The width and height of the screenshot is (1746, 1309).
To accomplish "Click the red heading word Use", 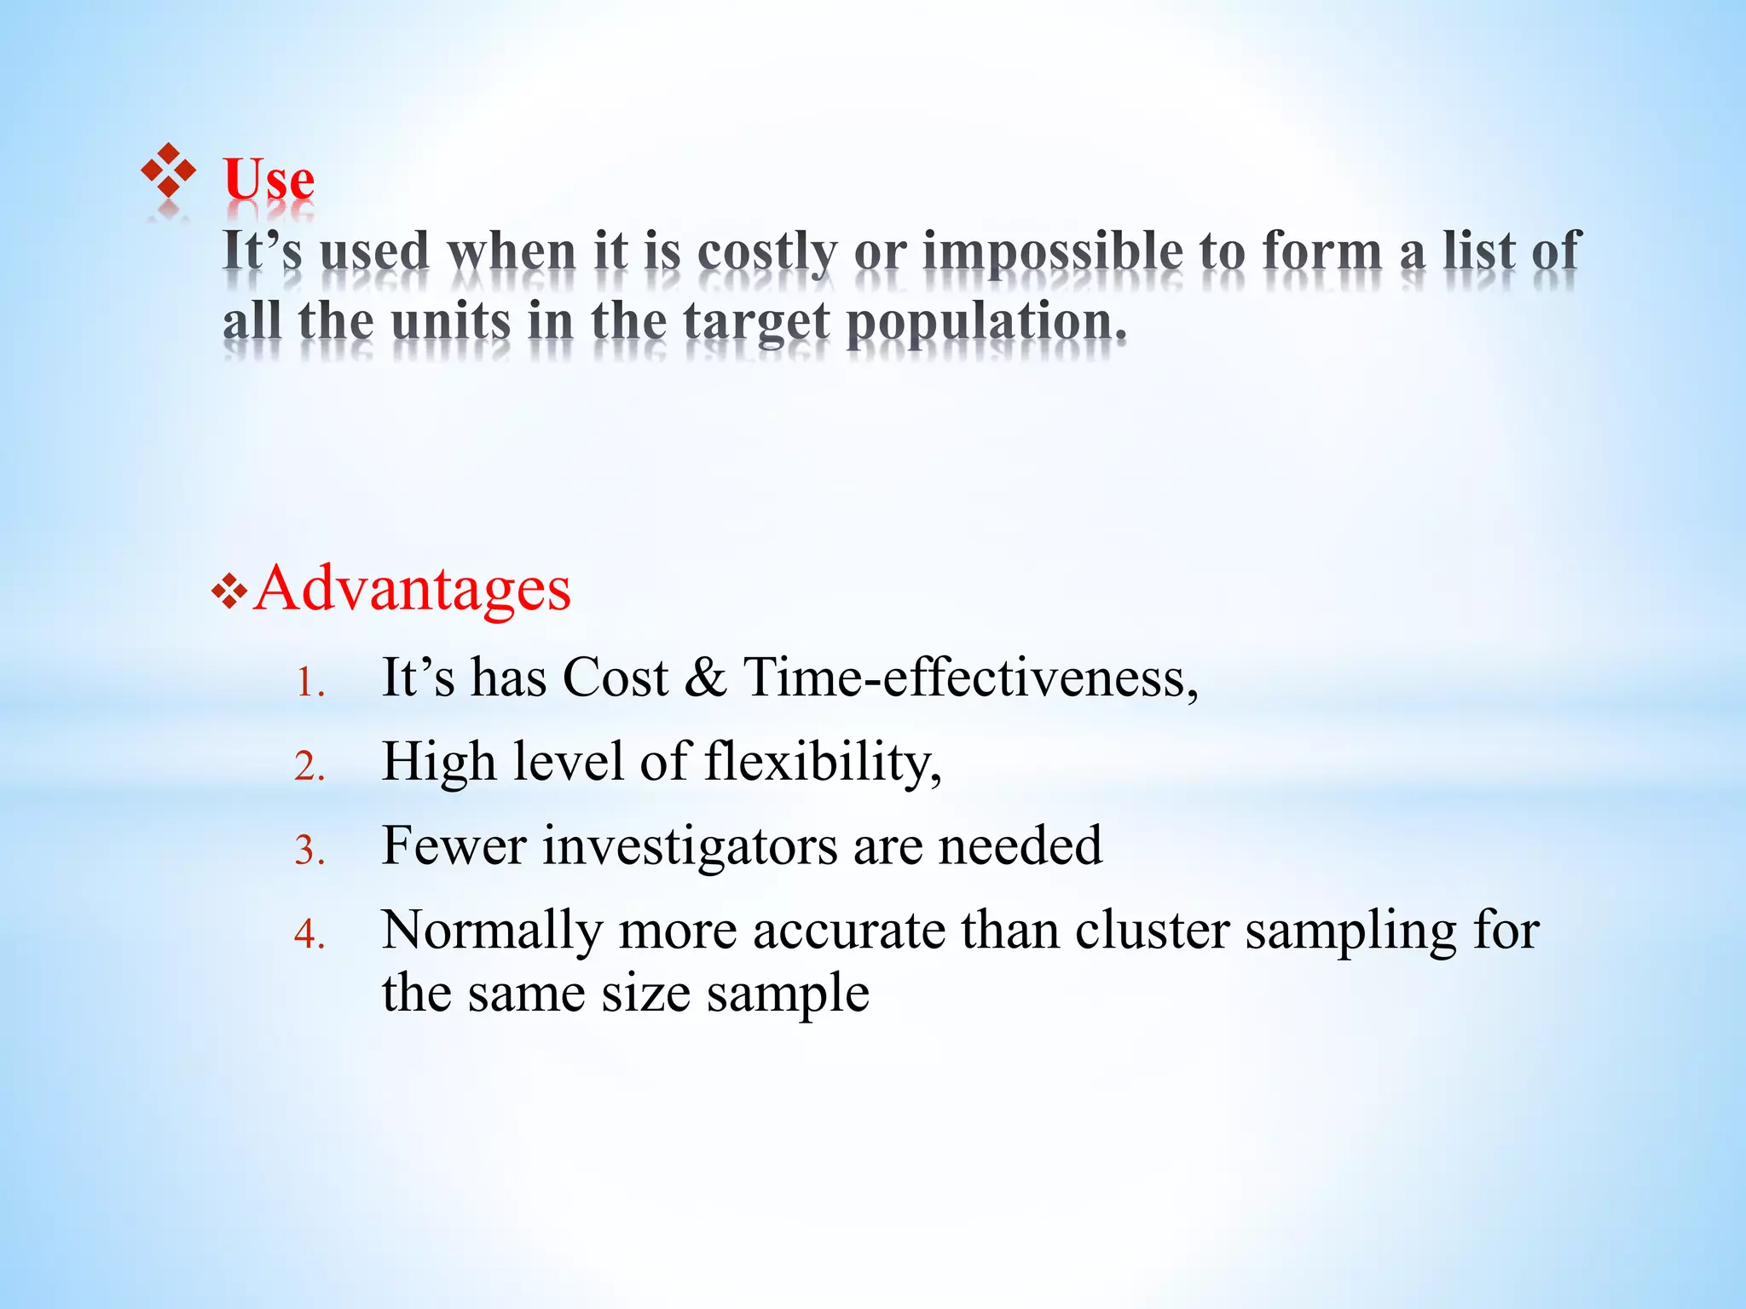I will tap(269, 180).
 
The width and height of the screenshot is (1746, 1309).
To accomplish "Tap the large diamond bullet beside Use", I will tap(168, 170).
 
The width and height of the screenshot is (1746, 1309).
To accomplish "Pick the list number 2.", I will tap(309, 767).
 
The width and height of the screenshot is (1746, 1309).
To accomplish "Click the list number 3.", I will tap(309, 851).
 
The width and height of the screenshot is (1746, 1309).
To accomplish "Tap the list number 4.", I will tap(309, 935).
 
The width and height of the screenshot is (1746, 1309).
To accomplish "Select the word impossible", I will tap(1052, 253).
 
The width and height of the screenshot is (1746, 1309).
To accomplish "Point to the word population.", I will tap(986, 324).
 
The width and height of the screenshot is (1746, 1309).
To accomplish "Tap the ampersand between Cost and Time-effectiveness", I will tap(705, 678).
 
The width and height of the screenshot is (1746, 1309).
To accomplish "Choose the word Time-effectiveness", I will tap(970, 678).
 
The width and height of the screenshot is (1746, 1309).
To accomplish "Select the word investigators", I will tap(690, 846).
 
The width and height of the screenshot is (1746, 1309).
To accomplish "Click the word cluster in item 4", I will tap(1151, 930).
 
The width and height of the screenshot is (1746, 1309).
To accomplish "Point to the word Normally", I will tap(492, 930).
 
